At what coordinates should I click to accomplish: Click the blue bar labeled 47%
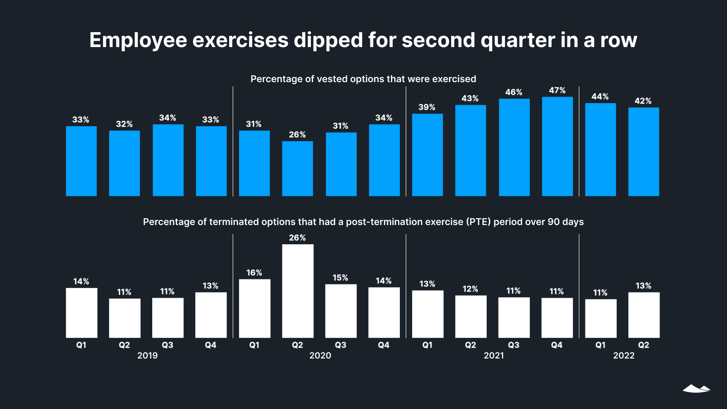point(557,146)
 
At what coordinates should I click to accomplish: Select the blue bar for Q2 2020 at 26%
point(297,169)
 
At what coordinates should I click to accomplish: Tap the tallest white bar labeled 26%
point(298,291)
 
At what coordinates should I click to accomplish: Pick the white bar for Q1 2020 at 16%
point(254,308)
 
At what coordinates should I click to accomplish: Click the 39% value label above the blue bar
point(427,107)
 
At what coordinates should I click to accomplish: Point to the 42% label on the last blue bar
point(643,101)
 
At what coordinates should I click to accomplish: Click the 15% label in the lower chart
point(340,278)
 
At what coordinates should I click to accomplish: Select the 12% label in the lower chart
point(470,289)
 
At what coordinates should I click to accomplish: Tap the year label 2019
point(147,356)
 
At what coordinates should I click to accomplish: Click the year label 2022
point(624,356)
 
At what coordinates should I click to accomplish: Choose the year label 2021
point(494,356)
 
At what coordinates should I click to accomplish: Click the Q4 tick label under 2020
point(384,345)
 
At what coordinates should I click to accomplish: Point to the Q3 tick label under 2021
point(514,345)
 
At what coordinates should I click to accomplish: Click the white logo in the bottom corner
point(696,388)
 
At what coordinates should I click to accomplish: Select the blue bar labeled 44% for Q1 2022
point(600,150)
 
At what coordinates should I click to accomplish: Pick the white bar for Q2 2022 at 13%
point(644,315)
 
